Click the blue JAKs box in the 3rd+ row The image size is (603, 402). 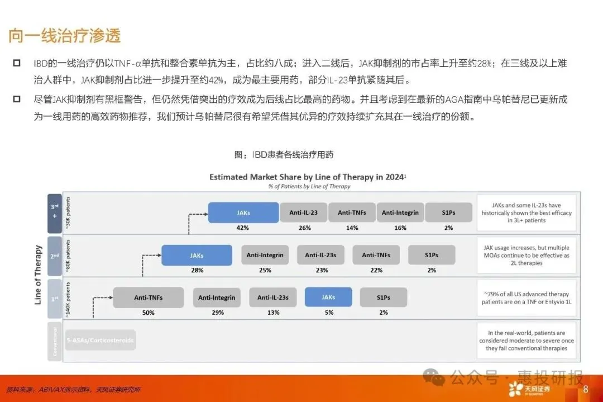[243, 212]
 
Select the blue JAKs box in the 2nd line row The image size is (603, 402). [197, 255]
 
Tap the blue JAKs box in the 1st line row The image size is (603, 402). [328, 297]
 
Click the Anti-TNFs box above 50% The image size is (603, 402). [148, 297]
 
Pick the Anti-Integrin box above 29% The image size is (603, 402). [217, 297]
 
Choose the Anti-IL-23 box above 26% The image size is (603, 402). [304, 212]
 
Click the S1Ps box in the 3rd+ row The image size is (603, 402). [448, 212]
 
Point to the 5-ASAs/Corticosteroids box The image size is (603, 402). [100, 340]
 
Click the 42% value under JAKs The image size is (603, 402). [243, 228]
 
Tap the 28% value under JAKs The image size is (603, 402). [197, 271]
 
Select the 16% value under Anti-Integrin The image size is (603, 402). [400, 228]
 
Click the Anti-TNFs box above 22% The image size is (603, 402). [376, 255]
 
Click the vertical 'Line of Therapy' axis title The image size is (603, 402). [39, 275]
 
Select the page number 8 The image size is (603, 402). [586, 389]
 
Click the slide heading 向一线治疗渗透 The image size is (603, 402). [65, 36]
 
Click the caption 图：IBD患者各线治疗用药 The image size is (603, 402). [284, 154]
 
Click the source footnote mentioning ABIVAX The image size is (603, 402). [73, 389]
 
